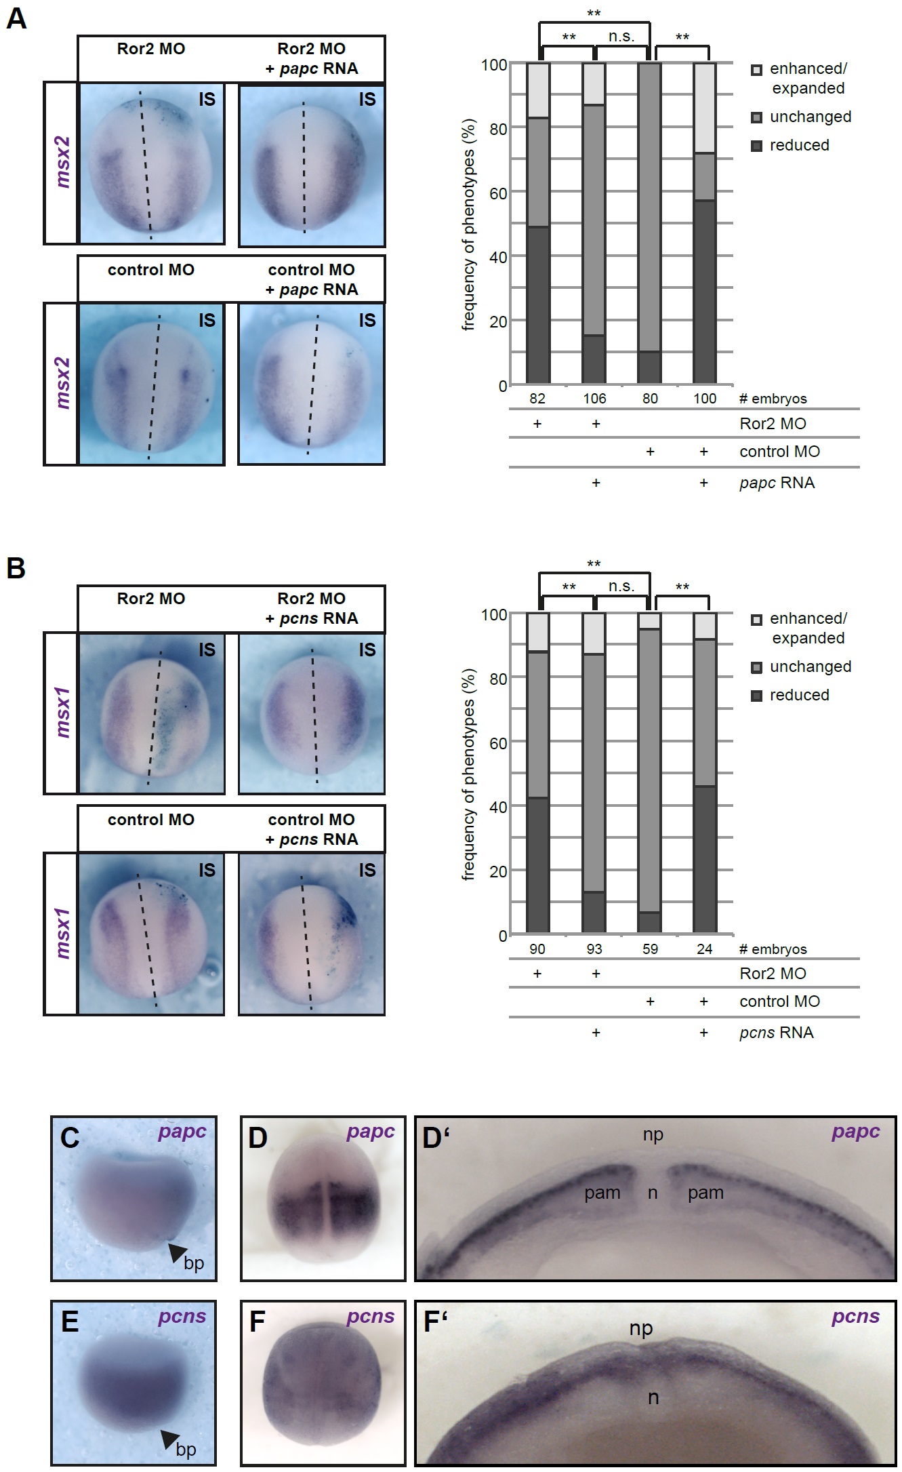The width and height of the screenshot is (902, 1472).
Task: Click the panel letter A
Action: point(16,18)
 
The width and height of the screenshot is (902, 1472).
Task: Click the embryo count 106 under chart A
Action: point(594,399)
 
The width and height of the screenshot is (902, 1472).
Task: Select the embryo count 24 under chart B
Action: point(705,949)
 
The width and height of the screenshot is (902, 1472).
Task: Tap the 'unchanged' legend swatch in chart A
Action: point(757,117)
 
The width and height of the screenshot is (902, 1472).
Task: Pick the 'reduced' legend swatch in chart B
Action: point(757,696)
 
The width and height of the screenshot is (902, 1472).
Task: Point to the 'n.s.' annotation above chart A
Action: point(621,37)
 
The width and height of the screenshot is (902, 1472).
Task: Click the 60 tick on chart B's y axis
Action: point(498,743)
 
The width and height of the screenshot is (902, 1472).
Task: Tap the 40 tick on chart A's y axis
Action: point(498,258)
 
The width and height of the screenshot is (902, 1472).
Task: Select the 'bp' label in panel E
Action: point(186,1449)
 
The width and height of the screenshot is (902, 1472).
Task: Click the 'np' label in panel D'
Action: point(653,1135)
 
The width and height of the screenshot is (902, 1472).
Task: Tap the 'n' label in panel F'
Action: point(653,1397)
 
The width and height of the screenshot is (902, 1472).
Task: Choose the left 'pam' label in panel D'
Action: point(602,1193)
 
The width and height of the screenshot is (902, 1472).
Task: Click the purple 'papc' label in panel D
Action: point(370,1132)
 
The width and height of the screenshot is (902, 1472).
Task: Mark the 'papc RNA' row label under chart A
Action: point(777,483)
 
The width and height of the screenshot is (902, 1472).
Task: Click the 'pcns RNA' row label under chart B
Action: point(776,1033)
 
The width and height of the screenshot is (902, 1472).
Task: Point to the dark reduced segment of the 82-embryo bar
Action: point(538,305)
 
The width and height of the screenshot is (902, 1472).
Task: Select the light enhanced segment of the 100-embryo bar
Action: point(705,108)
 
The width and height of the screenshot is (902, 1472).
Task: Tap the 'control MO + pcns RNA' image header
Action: point(312,829)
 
